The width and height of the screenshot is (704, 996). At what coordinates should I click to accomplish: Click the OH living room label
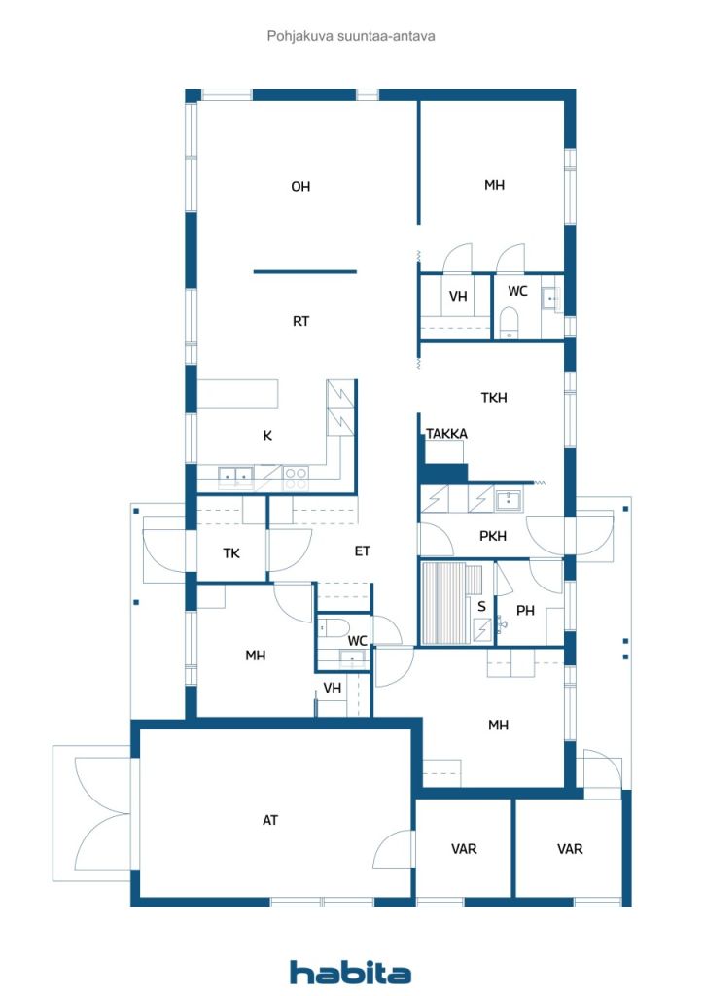(300, 186)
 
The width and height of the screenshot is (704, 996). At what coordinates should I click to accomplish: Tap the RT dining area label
(300, 321)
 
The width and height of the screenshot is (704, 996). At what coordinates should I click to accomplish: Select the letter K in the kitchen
(267, 436)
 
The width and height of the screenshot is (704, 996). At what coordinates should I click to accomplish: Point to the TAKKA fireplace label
(446, 434)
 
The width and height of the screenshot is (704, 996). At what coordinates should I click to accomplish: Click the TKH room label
(494, 398)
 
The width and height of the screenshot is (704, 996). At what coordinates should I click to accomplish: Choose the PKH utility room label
(493, 536)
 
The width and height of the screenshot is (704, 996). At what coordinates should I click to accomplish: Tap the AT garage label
(269, 820)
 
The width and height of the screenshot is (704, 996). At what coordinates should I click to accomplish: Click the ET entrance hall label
(362, 551)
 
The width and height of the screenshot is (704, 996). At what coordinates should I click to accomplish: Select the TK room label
(231, 553)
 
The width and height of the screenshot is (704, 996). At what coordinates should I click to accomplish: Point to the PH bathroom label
(525, 611)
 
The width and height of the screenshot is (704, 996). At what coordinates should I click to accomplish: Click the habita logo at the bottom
(350, 973)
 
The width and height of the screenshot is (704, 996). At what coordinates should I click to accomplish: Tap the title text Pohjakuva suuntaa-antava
(351, 36)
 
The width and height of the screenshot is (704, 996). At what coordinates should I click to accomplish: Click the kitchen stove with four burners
(296, 479)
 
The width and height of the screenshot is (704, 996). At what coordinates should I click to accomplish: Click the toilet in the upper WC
(510, 322)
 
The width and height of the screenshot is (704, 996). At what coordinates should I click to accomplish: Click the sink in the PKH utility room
(509, 500)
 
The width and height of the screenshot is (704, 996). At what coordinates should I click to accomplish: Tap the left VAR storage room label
(464, 849)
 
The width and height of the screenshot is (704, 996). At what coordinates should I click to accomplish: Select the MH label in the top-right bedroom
(494, 185)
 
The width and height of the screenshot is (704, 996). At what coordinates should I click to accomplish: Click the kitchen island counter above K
(238, 394)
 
